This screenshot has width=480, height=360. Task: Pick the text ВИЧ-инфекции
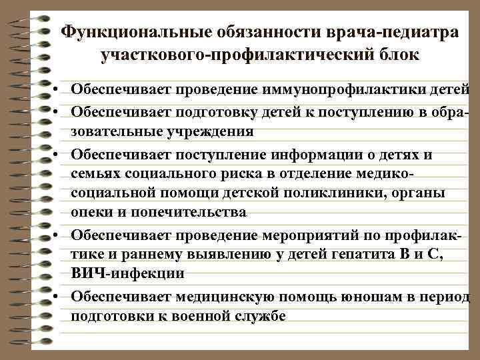(127, 273)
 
